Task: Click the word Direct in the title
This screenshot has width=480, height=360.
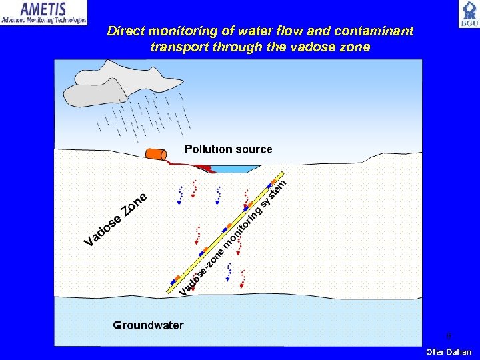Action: pyautogui.click(x=129, y=31)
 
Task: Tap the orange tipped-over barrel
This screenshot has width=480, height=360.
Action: pyautogui.click(x=156, y=155)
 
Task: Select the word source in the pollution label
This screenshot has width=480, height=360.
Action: pyautogui.click(x=251, y=149)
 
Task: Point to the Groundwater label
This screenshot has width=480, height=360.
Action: pyautogui.click(x=148, y=325)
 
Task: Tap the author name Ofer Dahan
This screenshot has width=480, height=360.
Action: pyautogui.click(x=449, y=351)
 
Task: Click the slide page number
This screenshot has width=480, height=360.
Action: pyautogui.click(x=448, y=335)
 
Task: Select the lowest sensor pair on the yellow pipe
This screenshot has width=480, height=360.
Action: pyautogui.click(x=175, y=279)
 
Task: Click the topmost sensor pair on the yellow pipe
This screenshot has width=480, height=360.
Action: pyautogui.click(x=271, y=183)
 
